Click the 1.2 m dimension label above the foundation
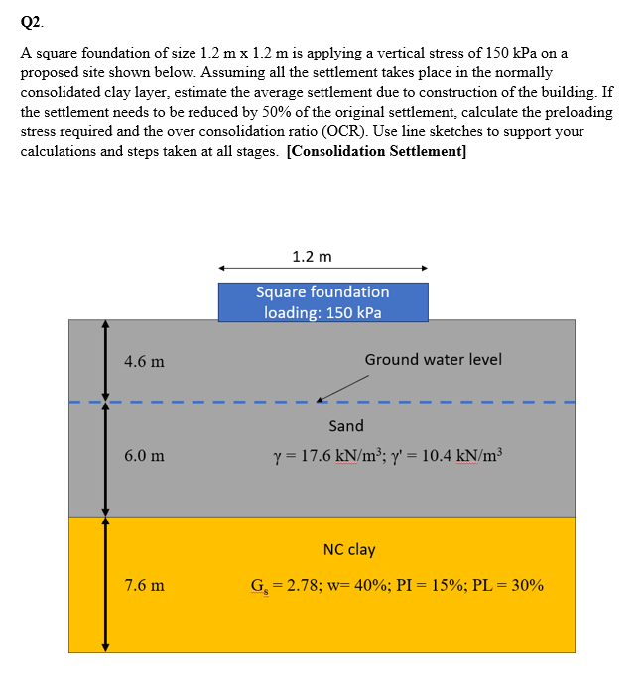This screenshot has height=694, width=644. tap(313, 257)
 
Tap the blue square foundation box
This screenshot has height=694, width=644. tap(322, 301)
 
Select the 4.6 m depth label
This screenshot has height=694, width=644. tap(144, 361)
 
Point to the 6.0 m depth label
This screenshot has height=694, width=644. tap(144, 456)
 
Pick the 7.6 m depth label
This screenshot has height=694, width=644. tap(144, 585)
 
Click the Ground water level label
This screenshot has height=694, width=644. tap(433, 359)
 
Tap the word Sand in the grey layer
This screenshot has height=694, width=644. tap(346, 426)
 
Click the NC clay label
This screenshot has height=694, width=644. tap(349, 549)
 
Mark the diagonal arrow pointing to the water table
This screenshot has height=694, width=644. tap(337, 390)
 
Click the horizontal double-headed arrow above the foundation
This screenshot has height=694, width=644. tap(322, 268)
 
